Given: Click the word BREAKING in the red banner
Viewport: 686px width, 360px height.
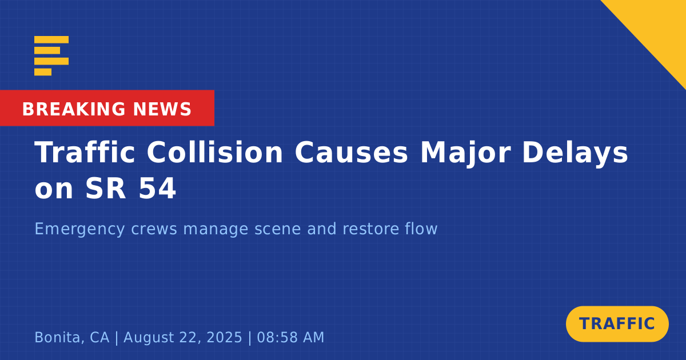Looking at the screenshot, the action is pyautogui.click(x=74, y=109).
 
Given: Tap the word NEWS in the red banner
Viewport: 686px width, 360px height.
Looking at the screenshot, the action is pyautogui.click(x=162, y=109).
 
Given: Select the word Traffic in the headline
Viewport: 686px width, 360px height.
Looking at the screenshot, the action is pyautogui.click(x=85, y=152).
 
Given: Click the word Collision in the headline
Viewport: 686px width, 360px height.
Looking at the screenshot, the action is pyautogui.click(x=215, y=152).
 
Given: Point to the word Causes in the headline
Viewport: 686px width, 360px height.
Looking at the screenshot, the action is pyautogui.click(x=352, y=152).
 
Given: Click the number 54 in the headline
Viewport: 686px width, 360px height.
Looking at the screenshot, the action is pyautogui.click(x=157, y=188).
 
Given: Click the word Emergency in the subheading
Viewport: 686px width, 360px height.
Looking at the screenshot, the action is pyautogui.click(x=79, y=229).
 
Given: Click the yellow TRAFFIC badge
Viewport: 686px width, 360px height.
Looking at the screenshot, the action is pyautogui.click(x=617, y=324).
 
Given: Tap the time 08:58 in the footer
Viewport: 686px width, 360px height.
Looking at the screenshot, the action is pyautogui.click(x=277, y=337).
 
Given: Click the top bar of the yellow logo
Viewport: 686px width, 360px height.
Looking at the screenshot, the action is pyautogui.click(x=51, y=39).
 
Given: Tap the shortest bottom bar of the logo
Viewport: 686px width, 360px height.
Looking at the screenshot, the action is pyautogui.click(x=43, y=72).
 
